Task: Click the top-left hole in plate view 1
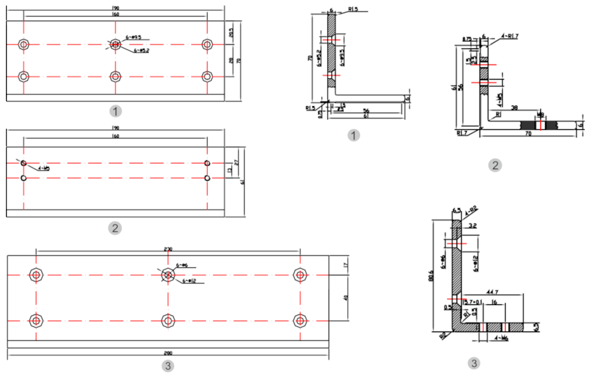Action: click(24, 44)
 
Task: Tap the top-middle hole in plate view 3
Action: click(168, 275)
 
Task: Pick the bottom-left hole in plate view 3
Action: click(37, 320)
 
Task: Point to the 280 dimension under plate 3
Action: click(168, 353)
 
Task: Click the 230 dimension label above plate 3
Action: click(168, 250)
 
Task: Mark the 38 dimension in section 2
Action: click(514, 108)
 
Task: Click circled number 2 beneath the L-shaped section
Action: click(496, 165)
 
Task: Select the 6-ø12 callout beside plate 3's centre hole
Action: click(189, 281)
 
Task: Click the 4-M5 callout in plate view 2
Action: click(44, 169)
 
